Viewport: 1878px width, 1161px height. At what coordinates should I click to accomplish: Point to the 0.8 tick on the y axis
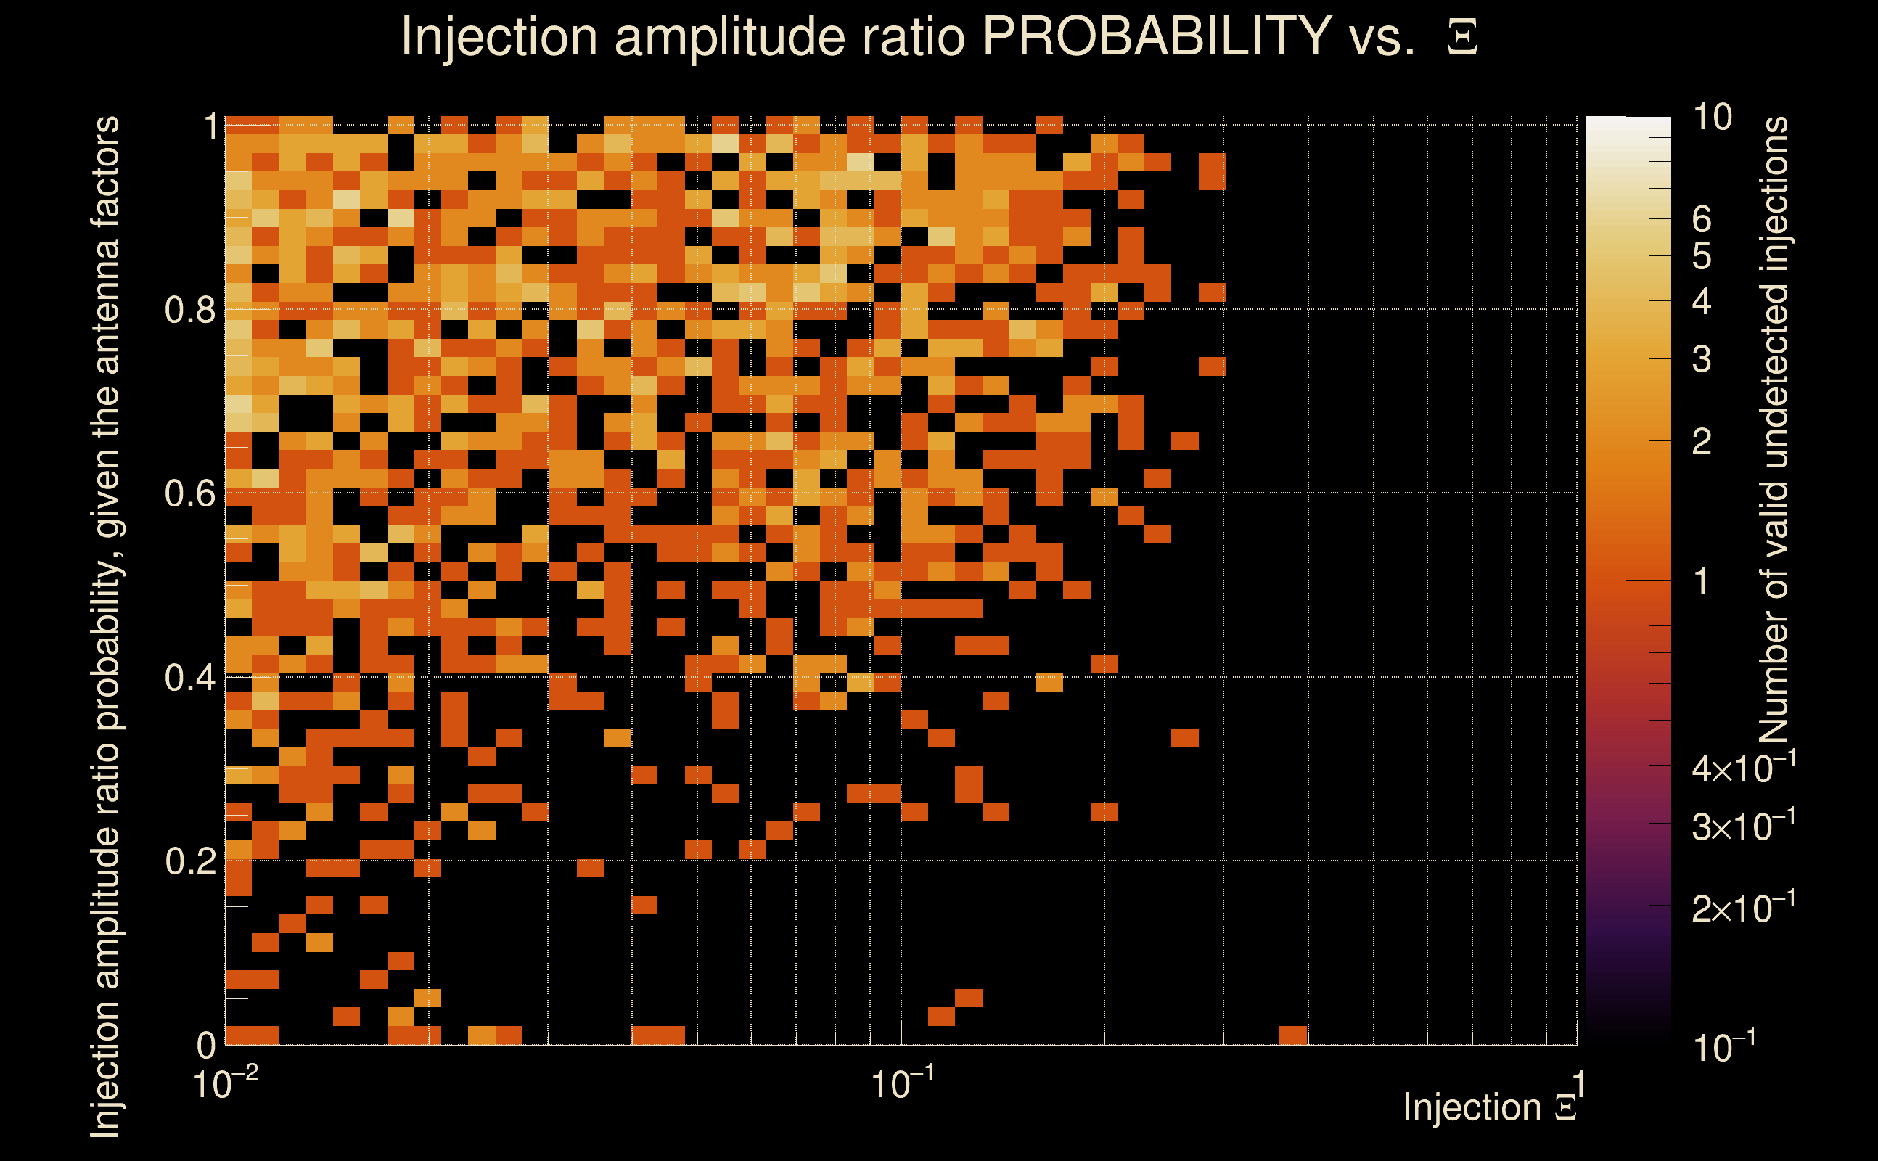coord(189,309)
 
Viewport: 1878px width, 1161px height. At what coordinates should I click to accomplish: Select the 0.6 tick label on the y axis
coord(189,493)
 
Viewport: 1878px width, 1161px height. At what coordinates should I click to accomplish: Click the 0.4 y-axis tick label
coord(189,677)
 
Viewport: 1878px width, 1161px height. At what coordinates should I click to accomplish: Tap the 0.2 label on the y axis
coord(189,861)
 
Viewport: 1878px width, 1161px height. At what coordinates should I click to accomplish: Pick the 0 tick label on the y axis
coord(206,1044)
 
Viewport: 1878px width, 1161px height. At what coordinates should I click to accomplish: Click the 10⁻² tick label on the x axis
coord(225,1084)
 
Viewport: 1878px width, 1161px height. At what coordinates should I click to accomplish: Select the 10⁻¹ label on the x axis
coord(902,1084)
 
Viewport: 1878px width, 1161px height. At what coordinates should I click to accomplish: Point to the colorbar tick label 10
coord(1712,118)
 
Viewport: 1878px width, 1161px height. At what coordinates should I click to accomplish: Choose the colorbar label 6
coord(1702,220)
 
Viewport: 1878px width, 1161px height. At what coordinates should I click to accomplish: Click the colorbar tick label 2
coord(1702,441)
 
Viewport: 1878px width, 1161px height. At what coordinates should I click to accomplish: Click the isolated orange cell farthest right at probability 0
coord(1293,1035)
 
